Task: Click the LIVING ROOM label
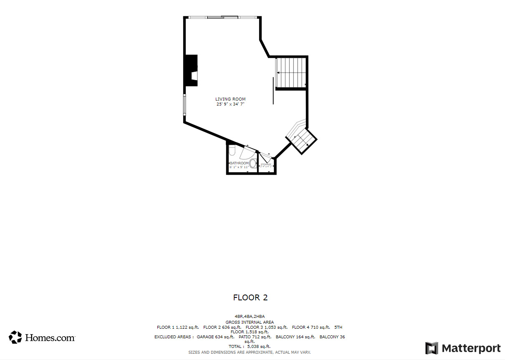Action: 230,99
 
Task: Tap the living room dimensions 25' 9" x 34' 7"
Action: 230,104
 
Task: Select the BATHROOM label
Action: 239,163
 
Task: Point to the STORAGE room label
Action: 266,164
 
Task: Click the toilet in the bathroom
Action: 232,149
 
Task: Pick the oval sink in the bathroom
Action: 252,164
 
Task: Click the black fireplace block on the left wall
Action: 191,70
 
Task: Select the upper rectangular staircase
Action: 291,73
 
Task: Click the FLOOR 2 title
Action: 250,297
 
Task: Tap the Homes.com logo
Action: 42,337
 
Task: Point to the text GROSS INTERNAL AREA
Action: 250,322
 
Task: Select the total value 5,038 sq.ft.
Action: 259,346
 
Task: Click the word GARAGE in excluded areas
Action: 205,337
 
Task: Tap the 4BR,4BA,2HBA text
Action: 250,317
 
